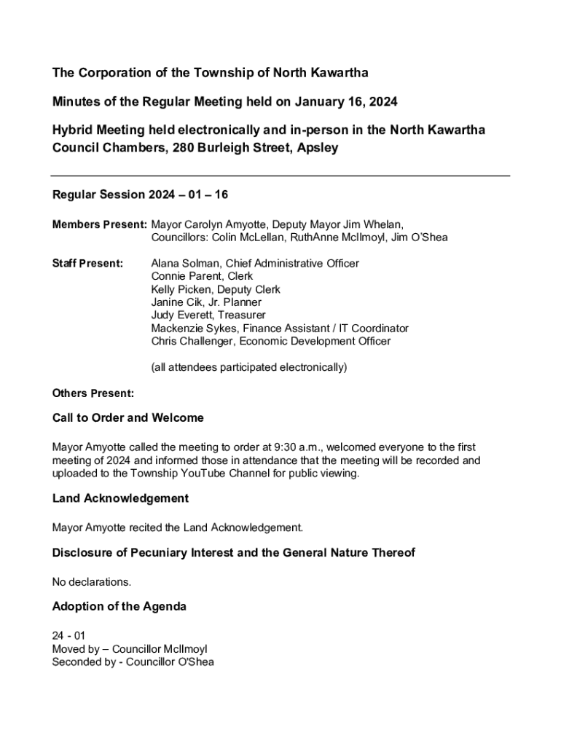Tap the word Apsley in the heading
point(317,149)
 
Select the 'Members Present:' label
point(99,224)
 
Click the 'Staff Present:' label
point(87,263)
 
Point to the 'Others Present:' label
point(93,393)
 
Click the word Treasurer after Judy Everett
point(241,315)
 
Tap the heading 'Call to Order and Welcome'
point(127,418)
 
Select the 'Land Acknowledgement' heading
point(120,498)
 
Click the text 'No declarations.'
point(92,581)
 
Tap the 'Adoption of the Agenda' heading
point(119,606)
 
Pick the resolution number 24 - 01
point(68,635)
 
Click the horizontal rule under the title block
point(280,176)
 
